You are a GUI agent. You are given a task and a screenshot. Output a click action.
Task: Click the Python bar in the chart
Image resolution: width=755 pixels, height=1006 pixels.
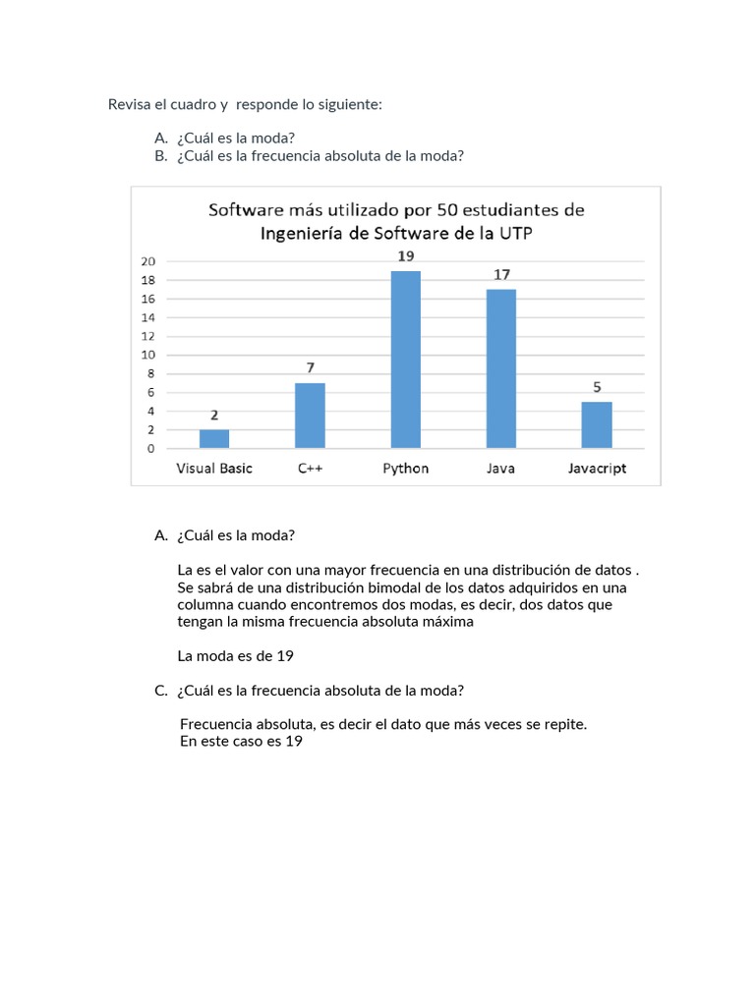[x=405, y=360]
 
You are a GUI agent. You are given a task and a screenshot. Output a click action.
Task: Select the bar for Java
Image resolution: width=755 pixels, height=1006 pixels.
[x=500, y=368]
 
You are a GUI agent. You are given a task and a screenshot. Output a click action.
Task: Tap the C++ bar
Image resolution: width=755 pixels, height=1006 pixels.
[x=310, y=416]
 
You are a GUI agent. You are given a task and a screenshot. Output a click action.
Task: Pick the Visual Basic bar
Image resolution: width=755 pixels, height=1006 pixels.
[x=214, y=438]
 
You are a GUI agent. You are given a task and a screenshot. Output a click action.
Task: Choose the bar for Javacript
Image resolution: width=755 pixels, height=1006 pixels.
[x=597, y=424]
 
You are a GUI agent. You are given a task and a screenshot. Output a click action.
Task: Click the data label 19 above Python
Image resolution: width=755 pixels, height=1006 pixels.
[x=405, y=255]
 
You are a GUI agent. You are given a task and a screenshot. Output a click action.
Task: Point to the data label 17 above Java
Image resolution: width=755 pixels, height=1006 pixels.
[x=501, y=274]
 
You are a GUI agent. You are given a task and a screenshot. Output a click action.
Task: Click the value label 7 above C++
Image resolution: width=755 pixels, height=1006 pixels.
[x=310, y=367]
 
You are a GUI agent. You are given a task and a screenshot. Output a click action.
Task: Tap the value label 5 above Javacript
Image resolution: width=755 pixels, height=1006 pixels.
[x=597, y=387]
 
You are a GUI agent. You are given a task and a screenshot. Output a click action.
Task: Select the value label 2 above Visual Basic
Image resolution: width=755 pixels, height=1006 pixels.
[x=214, y=415]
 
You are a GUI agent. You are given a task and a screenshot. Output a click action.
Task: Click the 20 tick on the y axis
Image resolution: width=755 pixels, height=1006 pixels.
[x=147, y=261]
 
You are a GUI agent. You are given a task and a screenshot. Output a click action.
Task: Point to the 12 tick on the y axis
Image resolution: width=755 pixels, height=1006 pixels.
[x=147, y=336]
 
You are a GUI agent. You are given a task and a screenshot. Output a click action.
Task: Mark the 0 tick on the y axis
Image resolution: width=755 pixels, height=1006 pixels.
[x=150, y=449]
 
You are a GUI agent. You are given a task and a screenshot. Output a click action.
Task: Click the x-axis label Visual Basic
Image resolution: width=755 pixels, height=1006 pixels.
[x=214, y=469]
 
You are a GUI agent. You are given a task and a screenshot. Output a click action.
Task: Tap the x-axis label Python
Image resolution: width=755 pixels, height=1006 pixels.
[x=405, y=469]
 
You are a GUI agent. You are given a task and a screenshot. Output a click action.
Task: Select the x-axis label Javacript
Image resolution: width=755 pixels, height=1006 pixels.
[x=597, y=469]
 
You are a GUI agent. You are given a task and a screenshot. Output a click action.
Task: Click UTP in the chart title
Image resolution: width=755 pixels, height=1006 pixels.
[x=512, y=234]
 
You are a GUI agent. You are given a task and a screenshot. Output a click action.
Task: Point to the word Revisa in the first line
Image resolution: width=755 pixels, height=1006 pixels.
[x=129, y=104]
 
